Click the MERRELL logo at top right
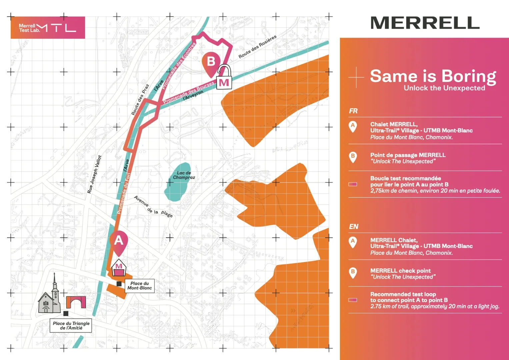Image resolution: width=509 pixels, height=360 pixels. [x=425, y=23]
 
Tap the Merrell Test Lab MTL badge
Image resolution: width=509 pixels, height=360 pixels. [x=48, y=28]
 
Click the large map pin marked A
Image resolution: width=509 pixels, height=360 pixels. [x=119, y=241]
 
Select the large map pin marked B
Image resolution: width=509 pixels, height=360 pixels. [x=211, y=62]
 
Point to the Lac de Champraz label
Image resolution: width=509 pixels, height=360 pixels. [x=184, y=175]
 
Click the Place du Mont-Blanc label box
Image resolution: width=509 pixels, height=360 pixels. [x=139, y=286]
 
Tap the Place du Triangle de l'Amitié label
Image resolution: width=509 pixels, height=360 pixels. [x=71, y=325]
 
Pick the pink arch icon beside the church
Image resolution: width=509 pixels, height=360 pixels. [x=76, y=302]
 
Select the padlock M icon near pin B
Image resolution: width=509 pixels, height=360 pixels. [x=224, y=78]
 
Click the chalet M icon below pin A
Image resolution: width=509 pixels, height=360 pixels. [x=119, y=268]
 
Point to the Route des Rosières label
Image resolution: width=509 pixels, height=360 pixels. [x=257, y=47]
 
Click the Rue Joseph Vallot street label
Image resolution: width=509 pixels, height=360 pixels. [x=94, y=174]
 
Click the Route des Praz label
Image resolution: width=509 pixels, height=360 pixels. [x=140, y=100]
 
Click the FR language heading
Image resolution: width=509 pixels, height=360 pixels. [x=353, y=111]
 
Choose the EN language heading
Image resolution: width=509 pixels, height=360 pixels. [x=353, y=227]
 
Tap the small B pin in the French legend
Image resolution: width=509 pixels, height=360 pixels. [x=353, y=157]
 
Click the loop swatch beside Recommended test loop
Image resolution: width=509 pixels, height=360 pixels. [x=353, y=300]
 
